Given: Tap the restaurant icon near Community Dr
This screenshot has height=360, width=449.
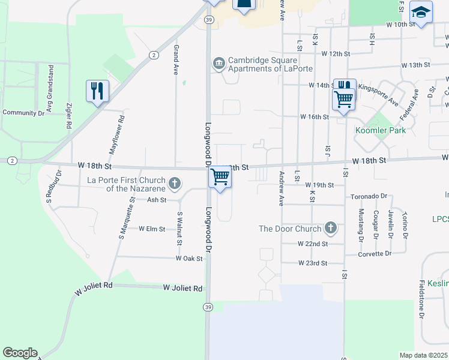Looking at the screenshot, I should coord(97,91).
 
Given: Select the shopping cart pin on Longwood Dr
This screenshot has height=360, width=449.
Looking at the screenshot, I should coord(220,177).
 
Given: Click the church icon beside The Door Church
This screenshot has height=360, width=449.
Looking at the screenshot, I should coord(330,228).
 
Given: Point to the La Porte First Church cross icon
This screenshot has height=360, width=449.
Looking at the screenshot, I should coord(175,184).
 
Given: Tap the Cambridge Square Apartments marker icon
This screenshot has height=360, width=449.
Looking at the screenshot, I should coord(218,63).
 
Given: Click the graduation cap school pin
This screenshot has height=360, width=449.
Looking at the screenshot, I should coord(421,12).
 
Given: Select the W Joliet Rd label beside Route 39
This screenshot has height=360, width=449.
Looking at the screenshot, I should coord(182,288).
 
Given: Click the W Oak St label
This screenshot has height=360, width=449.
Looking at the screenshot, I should coord(189,258).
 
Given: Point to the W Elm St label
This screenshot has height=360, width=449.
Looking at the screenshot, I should coord(152,229).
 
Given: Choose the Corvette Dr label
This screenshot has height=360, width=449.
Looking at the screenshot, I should coord(375,254).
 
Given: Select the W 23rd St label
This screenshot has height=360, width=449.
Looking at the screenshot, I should coord(313,263).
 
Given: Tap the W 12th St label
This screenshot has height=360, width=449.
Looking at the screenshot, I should coord(336,53).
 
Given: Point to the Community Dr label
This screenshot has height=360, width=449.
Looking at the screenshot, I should coord(24,112).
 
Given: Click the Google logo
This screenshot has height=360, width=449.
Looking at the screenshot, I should coord(20,353).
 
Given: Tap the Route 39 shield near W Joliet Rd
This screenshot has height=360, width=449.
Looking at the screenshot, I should coord(208,306).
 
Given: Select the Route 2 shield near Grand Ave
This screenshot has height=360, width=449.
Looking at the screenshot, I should coord(154,55).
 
